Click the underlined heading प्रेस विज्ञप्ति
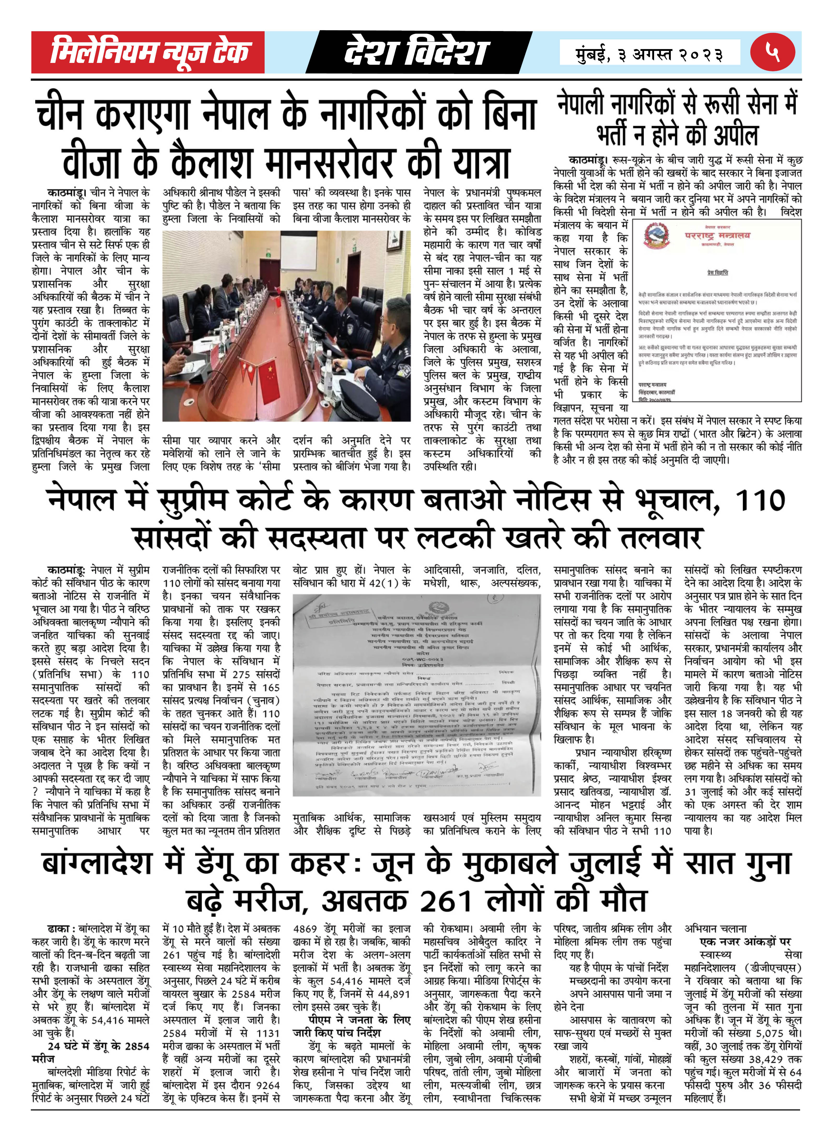click(717, 273)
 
